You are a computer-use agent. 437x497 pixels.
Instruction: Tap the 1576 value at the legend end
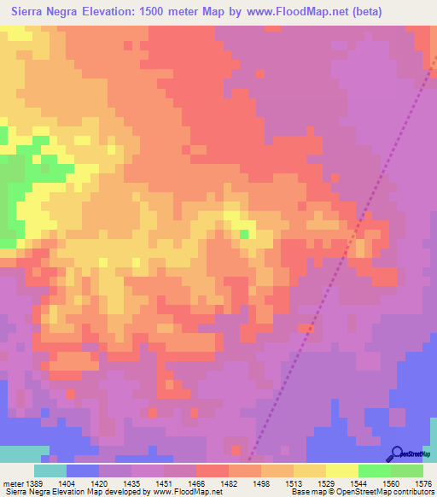422,483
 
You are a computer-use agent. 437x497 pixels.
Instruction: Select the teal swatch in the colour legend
50,471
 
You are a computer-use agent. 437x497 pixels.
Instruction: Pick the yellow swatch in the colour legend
342,471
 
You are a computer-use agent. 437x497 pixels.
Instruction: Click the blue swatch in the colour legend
83,471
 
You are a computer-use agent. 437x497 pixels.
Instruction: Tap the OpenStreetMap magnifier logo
395,453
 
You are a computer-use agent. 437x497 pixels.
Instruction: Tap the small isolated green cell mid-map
244,233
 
